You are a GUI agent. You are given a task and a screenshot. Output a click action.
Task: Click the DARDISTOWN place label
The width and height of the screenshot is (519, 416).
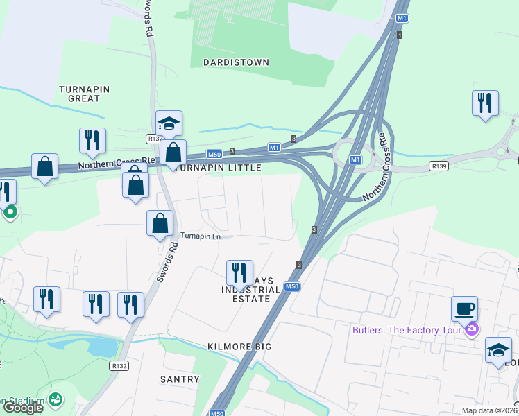236,62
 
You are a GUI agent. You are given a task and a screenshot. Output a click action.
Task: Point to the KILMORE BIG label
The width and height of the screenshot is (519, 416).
238,346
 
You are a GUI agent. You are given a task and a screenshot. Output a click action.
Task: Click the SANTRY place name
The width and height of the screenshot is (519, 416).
180,379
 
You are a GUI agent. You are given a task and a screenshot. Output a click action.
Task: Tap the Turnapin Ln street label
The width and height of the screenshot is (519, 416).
200,236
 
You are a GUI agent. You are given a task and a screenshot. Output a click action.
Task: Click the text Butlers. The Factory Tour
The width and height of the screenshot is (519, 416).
407,329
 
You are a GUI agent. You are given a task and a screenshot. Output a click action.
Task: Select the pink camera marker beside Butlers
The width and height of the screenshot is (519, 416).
472,329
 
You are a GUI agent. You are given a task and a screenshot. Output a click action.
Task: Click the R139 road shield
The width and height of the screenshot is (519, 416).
439,166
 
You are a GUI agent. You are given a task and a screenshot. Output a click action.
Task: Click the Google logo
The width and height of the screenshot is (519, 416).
23,408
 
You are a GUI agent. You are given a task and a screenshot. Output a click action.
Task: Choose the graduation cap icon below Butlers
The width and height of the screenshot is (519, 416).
498,350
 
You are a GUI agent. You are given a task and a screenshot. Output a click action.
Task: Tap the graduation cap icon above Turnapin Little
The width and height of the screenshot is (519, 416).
169,123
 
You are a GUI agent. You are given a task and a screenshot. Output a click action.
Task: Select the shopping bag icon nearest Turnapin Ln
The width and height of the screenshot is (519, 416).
160,223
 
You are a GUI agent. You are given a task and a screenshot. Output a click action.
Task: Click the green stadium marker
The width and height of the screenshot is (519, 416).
56,400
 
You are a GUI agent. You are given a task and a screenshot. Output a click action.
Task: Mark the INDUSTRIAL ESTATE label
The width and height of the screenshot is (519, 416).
246,294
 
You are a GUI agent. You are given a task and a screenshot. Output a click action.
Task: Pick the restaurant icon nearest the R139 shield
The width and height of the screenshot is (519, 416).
485,103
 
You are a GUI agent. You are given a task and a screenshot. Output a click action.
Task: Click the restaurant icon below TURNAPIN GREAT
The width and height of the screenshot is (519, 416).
92,140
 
